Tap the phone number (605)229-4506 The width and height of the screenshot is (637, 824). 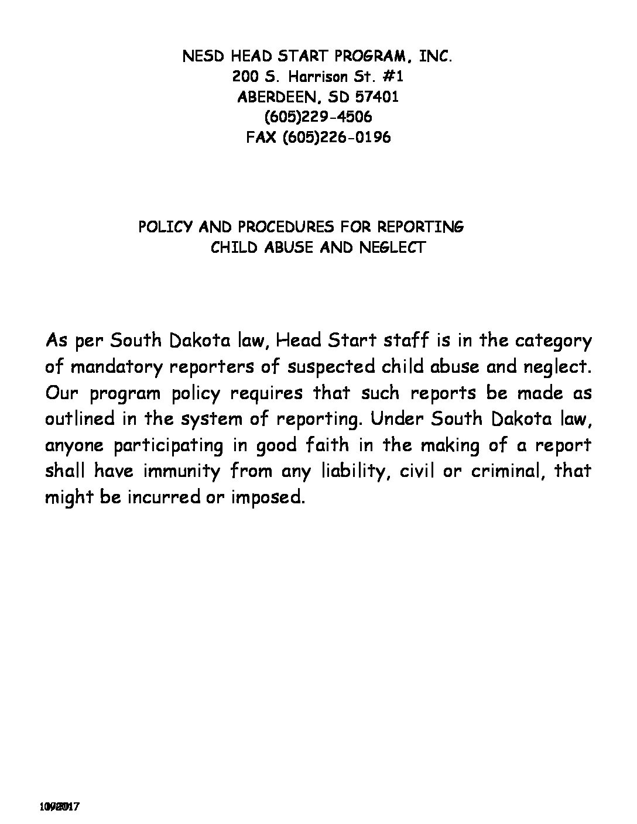pyautogui.click(x=318, y=117)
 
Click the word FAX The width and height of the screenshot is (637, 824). pyautogui.click(x=262, y=138)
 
